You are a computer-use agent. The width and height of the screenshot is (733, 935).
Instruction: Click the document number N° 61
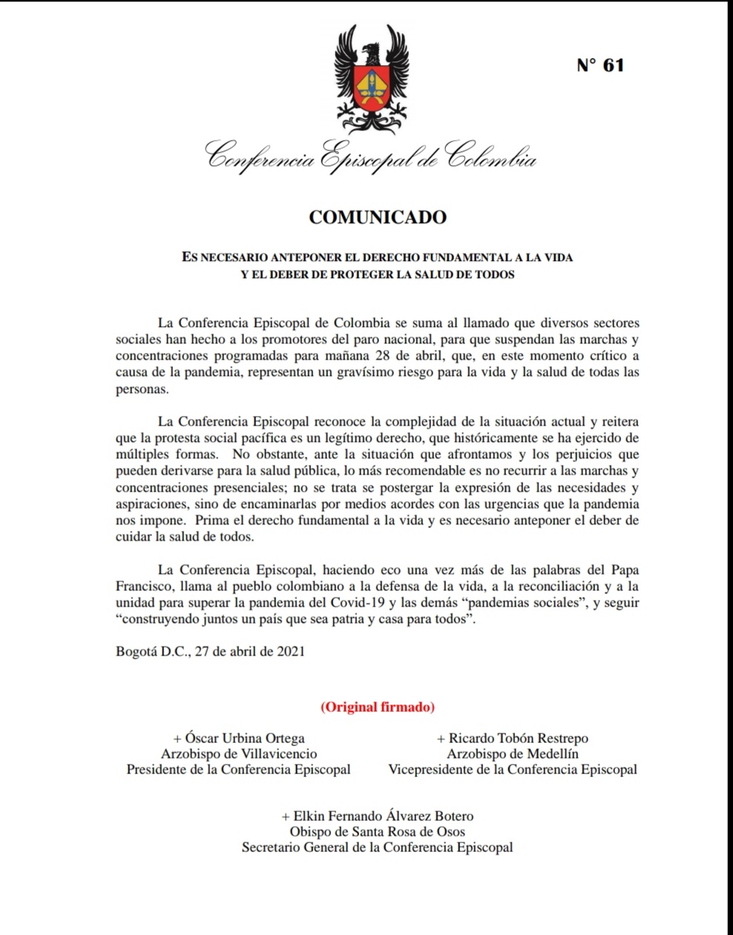pos(600,65)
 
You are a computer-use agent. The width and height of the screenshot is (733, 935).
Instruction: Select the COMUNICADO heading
pos(378,217)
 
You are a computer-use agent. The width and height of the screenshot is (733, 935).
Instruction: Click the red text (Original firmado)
pos(378,707)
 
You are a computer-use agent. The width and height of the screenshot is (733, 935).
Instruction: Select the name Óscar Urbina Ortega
pos(239,739)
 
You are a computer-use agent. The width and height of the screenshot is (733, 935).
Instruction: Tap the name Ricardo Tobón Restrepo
pos(513,739)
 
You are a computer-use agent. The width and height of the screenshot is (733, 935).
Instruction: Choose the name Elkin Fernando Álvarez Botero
pos(378,816)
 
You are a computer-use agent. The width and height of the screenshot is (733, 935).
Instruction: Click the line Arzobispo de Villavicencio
pos(239,754)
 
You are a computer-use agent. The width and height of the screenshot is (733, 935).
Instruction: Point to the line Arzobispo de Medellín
pos(513,754)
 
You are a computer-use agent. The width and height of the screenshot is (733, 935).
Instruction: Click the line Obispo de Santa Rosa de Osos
pos(378,832)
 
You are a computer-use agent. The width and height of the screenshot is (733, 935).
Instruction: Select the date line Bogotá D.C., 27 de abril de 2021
pos(210,652)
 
